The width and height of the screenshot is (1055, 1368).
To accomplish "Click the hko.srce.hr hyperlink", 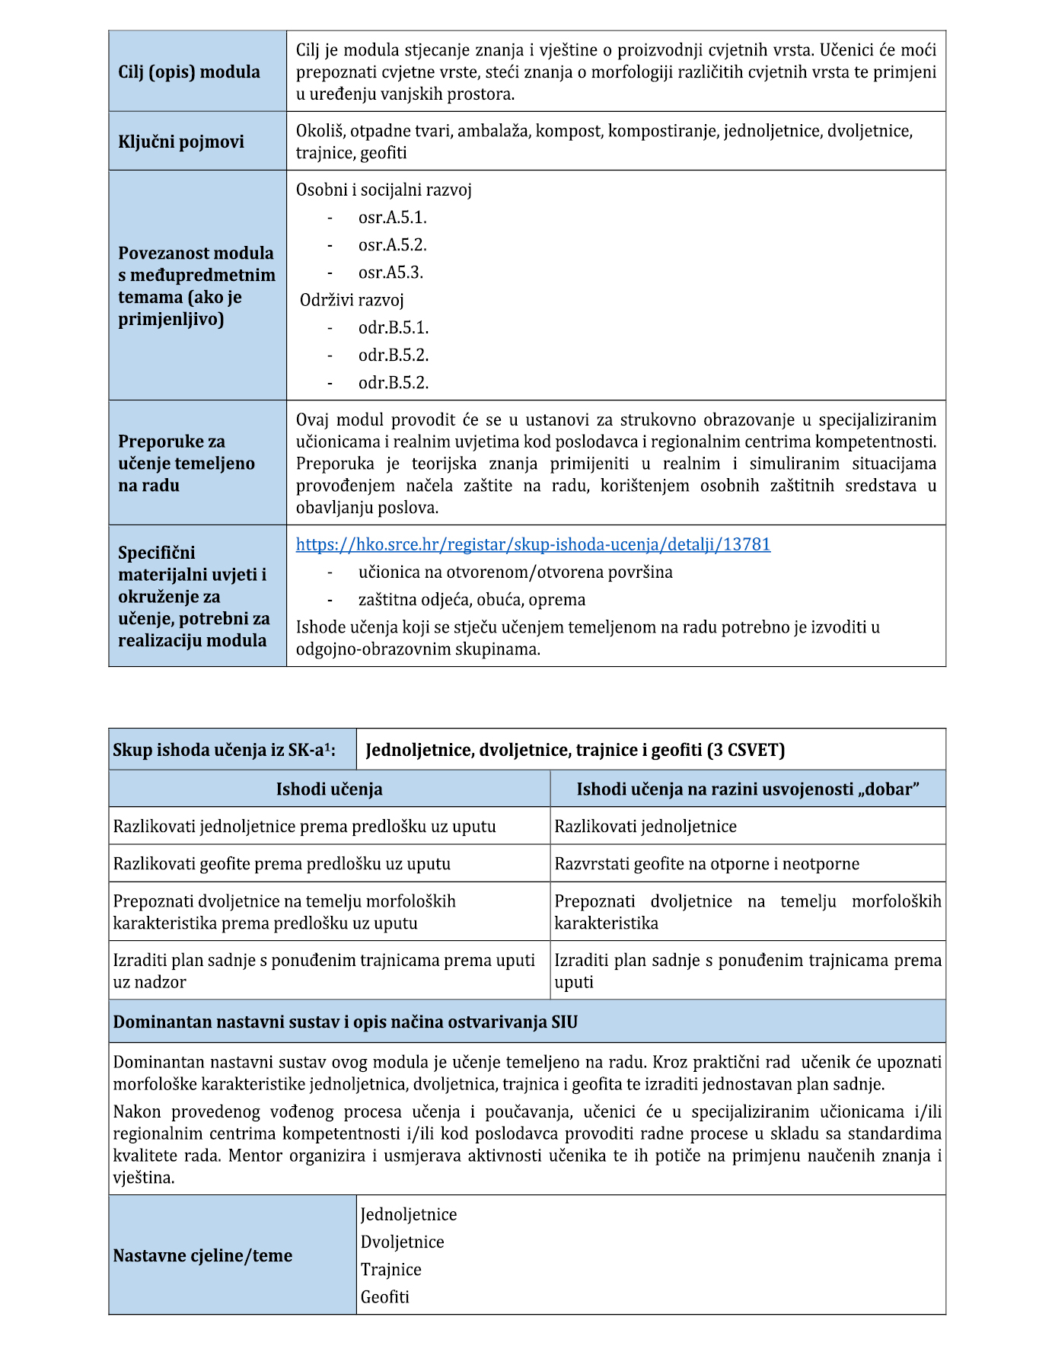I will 533,544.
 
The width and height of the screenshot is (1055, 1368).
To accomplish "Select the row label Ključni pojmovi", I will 181,142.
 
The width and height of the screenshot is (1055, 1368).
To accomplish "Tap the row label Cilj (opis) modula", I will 189,72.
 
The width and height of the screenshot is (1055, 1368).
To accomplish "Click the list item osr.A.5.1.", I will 392,218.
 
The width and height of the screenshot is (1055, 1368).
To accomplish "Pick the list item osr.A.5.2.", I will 392,245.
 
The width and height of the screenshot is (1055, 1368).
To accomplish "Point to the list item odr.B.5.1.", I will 394,328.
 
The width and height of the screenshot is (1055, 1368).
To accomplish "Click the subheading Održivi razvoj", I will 352,300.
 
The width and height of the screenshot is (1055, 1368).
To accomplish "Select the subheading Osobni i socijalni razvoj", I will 384,190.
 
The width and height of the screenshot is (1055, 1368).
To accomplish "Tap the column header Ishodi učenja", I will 329,789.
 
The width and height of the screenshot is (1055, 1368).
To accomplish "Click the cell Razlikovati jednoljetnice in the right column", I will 645,826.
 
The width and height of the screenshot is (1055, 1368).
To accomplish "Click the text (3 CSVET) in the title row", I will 746,750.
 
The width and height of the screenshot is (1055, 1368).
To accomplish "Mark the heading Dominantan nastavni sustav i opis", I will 345,1022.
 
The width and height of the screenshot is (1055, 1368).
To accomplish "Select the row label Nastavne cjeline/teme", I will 202,1255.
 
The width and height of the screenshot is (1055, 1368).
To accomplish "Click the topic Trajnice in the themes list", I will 390,1269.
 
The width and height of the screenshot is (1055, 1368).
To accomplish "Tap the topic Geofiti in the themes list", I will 384,1296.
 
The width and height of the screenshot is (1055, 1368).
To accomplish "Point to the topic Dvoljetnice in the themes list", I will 402,1242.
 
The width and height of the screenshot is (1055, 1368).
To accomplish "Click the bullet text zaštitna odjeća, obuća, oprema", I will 472,600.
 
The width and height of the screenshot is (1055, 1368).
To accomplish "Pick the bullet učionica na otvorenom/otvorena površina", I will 515,572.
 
